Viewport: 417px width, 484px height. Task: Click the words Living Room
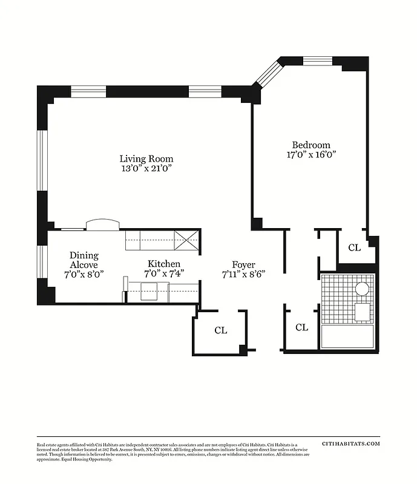click(142, 159)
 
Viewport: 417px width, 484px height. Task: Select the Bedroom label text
click(311, 145)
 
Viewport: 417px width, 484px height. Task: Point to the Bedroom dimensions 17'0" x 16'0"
click(311, 154)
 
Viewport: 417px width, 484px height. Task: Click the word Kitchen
click(164, 264)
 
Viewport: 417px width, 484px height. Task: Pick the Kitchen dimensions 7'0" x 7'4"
click(164, 273)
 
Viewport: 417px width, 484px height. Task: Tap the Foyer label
click(243, 264)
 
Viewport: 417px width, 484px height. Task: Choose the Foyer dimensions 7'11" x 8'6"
click(243, 273)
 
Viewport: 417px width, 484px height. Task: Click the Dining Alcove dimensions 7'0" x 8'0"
click(84, 273)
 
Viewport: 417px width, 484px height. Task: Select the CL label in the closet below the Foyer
click(221, 330)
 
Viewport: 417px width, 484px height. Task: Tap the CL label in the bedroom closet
click(354, 247)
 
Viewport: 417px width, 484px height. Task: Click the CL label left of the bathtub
click(301, 327)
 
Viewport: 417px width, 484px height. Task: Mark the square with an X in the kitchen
click(187, 240)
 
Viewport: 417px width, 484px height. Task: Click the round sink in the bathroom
click(362, 289)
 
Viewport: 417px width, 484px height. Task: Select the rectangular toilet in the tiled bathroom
click(363, 312)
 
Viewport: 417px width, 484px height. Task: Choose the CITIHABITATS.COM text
click(351, 443)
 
